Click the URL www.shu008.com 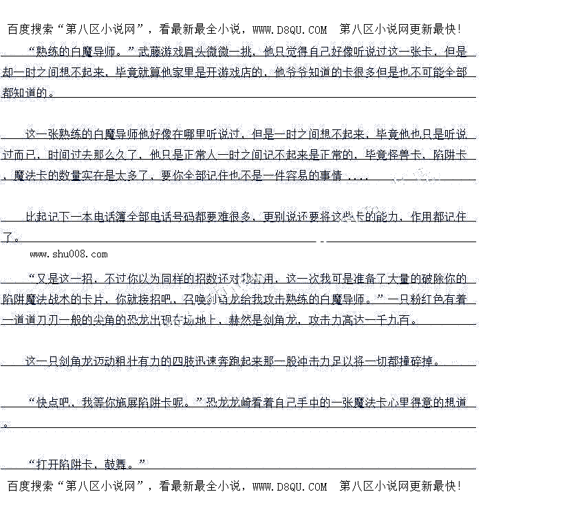coord(69,254)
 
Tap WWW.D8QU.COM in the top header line coord(290,30)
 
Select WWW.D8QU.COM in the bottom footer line coord(290,486)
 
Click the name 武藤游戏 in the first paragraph coord(162,52)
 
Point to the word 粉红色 coord(421,299)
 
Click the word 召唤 coord(196,299)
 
